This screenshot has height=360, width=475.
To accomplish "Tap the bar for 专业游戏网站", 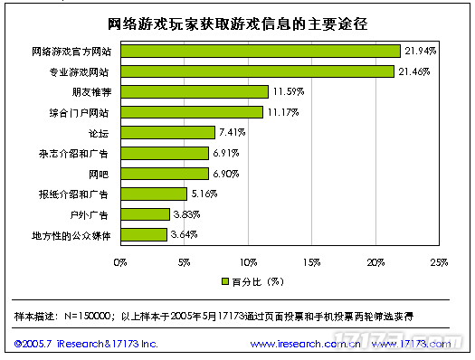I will tap(257, 71).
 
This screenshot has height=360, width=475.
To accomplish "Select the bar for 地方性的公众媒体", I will tap(143, 234).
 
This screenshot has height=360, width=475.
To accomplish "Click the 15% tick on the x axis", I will tap(311, 263).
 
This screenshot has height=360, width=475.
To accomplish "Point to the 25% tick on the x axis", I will tap(439, 263).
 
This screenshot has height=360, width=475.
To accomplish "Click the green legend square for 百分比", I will tap(223, 280).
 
